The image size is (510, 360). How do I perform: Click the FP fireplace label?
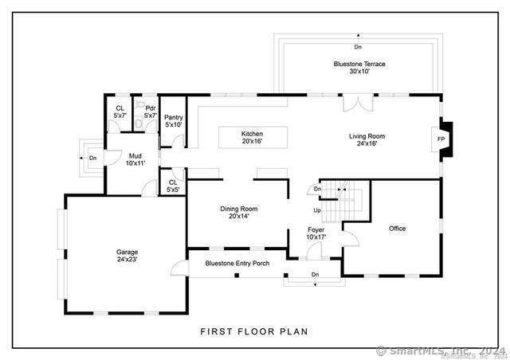coord(441,139)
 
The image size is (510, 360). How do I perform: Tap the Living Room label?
coord(367,136)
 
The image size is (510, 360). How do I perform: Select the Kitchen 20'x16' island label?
coord(252,137)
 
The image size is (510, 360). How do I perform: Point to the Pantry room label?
coord(174,117)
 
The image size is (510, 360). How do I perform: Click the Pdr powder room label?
coord(151,108)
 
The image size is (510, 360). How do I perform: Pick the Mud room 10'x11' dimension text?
coord(135,163)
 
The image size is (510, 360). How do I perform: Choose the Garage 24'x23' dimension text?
coord(127,259)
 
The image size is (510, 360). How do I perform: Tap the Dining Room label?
coord(239,209)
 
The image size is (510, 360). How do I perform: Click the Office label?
coord(397,229)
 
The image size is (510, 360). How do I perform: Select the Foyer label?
coord(316,230)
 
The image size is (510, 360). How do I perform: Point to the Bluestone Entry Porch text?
coord(237,264)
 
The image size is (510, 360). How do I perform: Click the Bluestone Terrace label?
coord(359,64)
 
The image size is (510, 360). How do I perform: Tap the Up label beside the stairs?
coord(317,210)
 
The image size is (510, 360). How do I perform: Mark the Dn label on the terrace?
coord(358,47)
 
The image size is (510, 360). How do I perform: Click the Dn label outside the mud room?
coord(93,158)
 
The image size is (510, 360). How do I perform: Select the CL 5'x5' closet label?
coord(173,186)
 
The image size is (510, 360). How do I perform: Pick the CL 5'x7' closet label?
coord(120,112)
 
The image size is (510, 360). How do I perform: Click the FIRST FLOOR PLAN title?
coord(254,331)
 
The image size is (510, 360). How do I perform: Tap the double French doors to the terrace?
coord(358,103)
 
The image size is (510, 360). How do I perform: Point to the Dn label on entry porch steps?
coord(315,275)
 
